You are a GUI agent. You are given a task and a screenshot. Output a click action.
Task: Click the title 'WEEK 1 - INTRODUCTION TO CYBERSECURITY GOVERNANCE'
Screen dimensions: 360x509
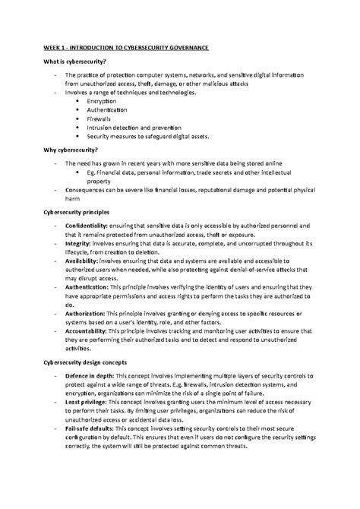(x=125, y=48)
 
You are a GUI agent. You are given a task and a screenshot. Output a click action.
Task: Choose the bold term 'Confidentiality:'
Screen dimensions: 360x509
(x=87, y=226)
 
